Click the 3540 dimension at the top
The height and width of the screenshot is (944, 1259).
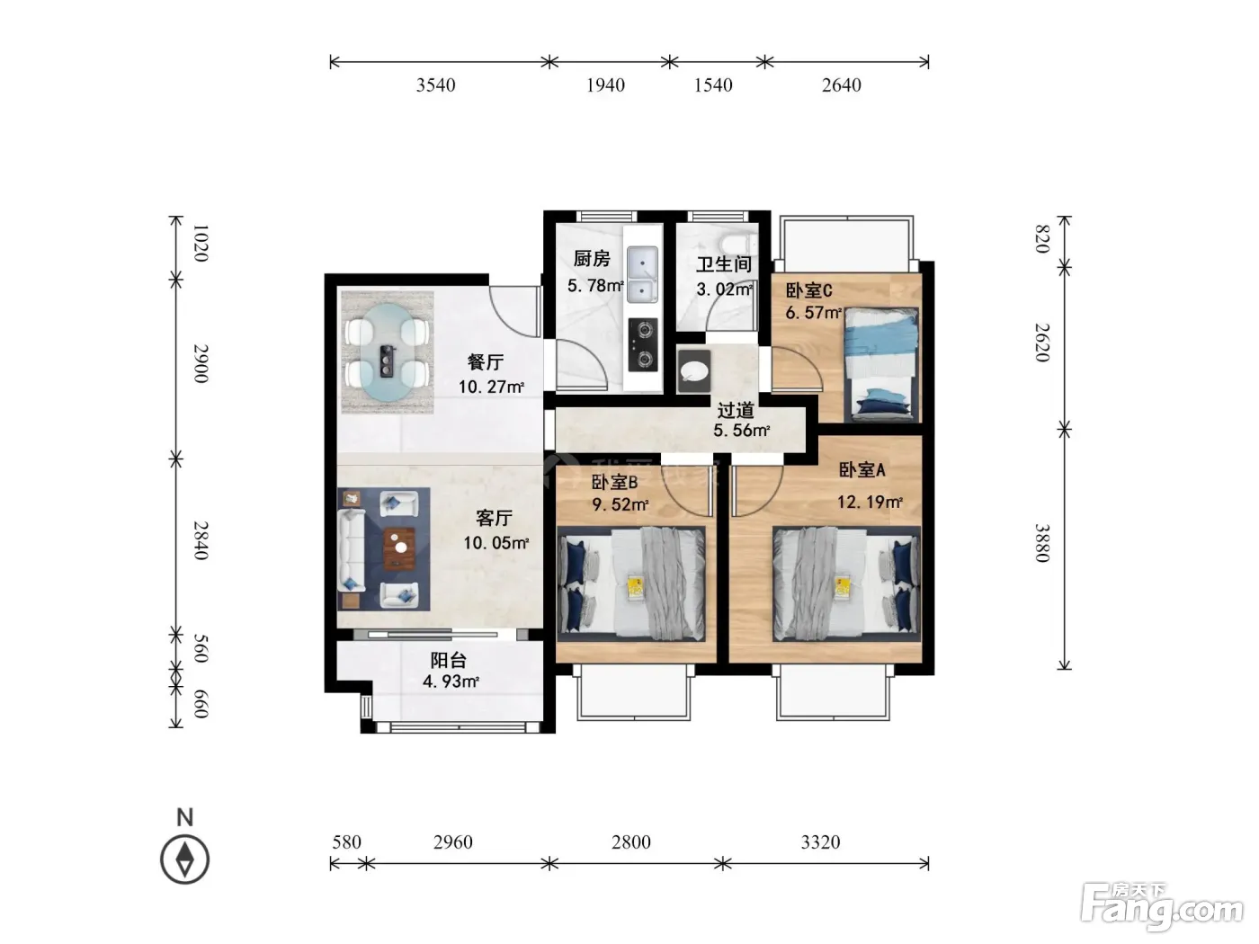click(x=435, y=85)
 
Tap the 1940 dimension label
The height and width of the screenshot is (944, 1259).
click(x=605, y=85)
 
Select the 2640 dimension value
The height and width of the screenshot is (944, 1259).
click(x=841, y=85)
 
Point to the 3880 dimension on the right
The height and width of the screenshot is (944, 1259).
click(x=1042, y=543)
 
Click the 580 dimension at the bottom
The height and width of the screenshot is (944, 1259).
click(x=346, y=842)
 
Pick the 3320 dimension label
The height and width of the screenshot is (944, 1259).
click(x=820, y=842)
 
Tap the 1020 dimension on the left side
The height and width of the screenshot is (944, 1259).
click(x=201, y=244)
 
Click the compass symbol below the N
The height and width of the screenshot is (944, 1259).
click(x=184, y=859)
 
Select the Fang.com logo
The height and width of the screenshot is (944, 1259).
click(x=1162, y=908)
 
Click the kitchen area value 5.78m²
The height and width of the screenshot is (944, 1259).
click(x=595, y=285)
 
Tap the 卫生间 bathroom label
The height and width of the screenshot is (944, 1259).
click(x=724, y=264)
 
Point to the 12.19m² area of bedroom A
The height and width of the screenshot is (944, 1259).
click(x=870, y=502)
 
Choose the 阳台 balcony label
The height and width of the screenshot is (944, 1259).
click(x=448, y=660)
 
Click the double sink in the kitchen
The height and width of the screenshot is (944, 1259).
click(x=642, y=274)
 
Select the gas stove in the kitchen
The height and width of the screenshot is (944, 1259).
click(x=643, y=345)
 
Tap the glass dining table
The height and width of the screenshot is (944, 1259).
click(x=388, y=352)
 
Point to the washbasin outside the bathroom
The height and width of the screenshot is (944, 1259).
click(x=694, y=371)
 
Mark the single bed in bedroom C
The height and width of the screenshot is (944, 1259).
click(x=881, y=364)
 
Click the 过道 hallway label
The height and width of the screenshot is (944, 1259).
click(x=736, y=410)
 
